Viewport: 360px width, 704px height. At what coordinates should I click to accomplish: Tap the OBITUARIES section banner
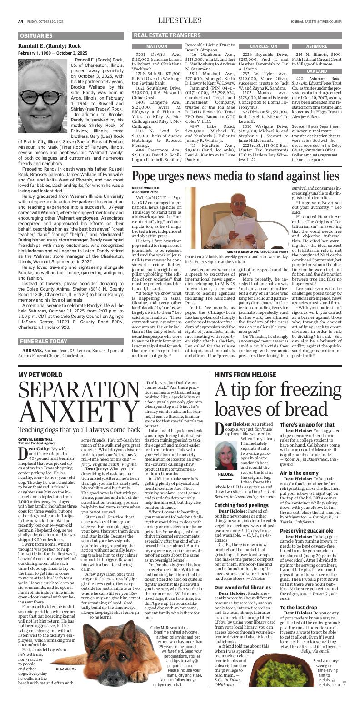pos(36,35)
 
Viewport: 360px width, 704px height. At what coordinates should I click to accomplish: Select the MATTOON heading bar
pos(156,46)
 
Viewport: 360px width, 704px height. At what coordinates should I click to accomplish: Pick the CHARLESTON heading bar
pos(264,46)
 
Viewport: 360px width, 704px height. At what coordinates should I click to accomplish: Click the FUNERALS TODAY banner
pos(43,342)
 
